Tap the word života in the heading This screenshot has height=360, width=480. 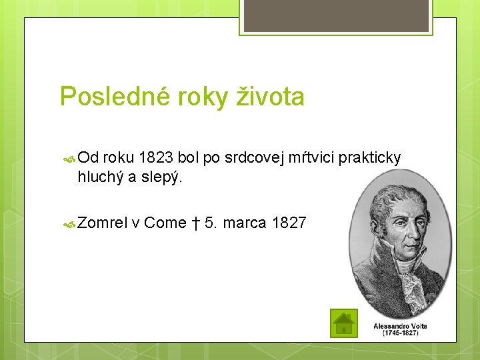(271, 97)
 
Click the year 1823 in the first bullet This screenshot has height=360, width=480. (155, 157)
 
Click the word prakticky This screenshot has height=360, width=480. (370, 158)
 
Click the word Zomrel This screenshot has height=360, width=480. (103, 223)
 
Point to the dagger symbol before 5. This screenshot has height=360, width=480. (197, 223)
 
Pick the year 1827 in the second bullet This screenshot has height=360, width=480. (289, 223)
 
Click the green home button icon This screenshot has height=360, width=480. (343, 323)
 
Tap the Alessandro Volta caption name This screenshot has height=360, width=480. (400, 326)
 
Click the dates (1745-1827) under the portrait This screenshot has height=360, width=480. (400, 333)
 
